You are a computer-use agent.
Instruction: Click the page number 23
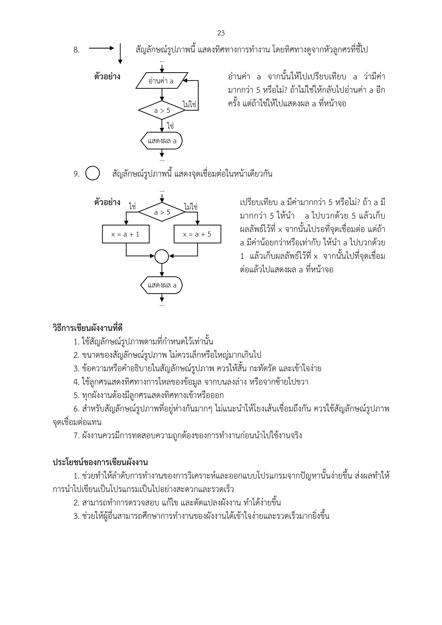221,33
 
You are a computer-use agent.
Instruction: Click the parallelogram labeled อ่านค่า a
162,81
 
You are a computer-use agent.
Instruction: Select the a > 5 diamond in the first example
162,110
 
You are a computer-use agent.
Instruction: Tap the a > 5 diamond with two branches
162,212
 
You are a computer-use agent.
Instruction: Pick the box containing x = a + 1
126,234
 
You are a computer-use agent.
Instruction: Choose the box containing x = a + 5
197,234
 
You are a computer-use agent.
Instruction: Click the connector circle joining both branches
162,256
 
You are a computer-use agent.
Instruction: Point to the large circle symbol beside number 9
93,173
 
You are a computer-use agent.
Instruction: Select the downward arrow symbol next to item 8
120,54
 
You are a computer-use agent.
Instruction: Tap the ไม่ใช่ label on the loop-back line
189,104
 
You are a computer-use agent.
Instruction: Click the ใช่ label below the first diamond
170,126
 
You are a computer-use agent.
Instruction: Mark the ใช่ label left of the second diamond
133,207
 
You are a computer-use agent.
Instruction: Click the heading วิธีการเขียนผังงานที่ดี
87,328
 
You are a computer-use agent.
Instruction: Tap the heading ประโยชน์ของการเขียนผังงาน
100,462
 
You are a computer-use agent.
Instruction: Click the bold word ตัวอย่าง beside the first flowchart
107,77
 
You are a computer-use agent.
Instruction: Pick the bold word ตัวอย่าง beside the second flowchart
107,203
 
